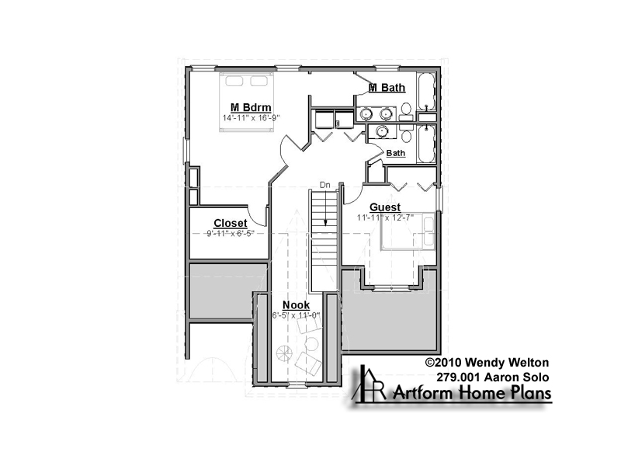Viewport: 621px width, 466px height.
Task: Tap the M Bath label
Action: pyautogui.click(x=387, y=88)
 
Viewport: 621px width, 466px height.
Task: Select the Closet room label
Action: pyautogui.click(x=230, y=224)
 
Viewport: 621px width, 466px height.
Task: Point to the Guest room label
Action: pyautogui.click(x=385, y=207)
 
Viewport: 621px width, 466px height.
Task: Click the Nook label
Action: pyautogui.click(x=296, y=305)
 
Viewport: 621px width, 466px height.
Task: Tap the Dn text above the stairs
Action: pyautogui.click(x=324, y=185)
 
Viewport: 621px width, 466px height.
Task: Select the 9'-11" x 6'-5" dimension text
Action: pyautogui.click(x=230, y=234)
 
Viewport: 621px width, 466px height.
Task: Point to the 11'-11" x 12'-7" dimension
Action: pyautogui.click(x=385, y=217)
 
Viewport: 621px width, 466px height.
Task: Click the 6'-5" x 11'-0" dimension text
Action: pyautogui.click(x=296, y=315)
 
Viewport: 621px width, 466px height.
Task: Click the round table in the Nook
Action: pyautogui.click(x=312, y=343)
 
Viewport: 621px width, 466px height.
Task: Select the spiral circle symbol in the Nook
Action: pyautogui.click(x=284, y=353)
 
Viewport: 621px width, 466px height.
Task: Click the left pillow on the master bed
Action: pyautogui.click(x=234, y=81)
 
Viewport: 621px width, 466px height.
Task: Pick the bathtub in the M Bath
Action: pyautogui.click(x=426, y=92)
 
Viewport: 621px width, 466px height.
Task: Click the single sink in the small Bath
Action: pyautogui.click(x=382, y=130)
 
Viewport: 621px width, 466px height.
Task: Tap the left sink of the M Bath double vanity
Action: pyautogui.click(x=366, y=114)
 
